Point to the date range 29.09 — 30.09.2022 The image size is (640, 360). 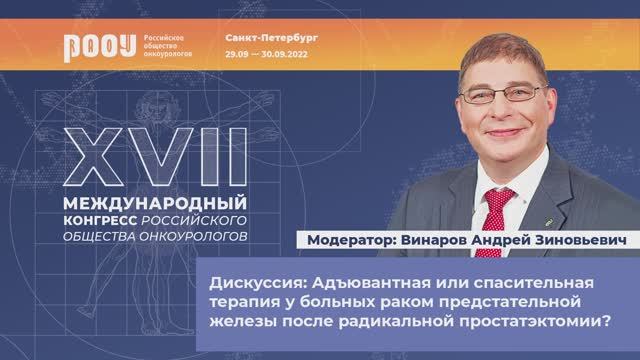pyautogui.click(x=265, y=55)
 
